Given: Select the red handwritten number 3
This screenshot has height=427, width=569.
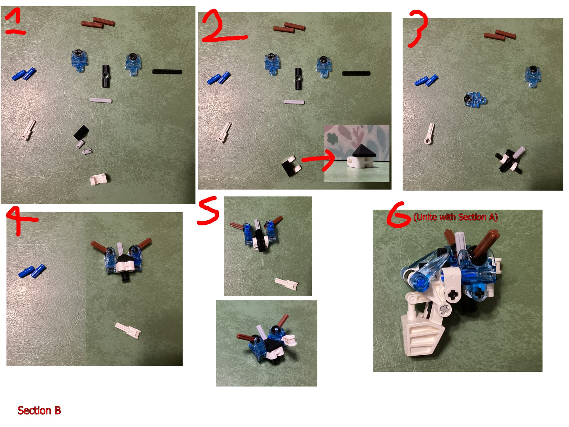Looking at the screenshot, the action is click(418, 28).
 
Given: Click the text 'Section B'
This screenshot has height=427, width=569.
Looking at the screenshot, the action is click(39, 411).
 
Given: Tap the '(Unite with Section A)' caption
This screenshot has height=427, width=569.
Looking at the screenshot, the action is click(455, 217).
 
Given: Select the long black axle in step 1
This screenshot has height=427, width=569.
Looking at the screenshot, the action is click(167, 71).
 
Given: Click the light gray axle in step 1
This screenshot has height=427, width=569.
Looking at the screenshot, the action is click(101, 100).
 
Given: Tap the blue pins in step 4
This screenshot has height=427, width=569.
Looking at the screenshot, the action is click(32, 271).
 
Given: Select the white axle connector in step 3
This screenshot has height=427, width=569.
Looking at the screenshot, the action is click(429, 134).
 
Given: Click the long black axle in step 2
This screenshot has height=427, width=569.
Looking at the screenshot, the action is click(356, 73).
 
